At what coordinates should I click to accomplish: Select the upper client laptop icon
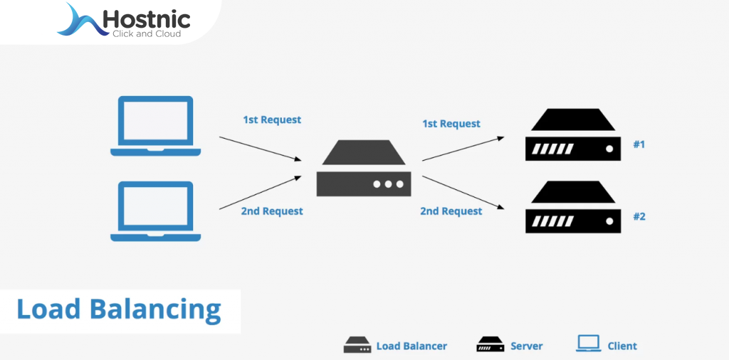(156, 126)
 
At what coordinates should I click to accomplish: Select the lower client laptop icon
(156, 211)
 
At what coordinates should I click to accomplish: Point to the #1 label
(639, 144)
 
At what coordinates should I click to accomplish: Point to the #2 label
(639, 216)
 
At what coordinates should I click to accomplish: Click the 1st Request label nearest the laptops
(272, 120)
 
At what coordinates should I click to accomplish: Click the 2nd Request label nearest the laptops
(272, 211)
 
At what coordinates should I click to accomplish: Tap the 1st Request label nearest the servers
(451, 124)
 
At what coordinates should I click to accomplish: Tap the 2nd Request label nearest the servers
(451, 211)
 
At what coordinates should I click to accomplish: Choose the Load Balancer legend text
(411, 346)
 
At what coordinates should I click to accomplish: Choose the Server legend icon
(490, 345)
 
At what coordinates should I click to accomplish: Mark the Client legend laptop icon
(588, 344)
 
